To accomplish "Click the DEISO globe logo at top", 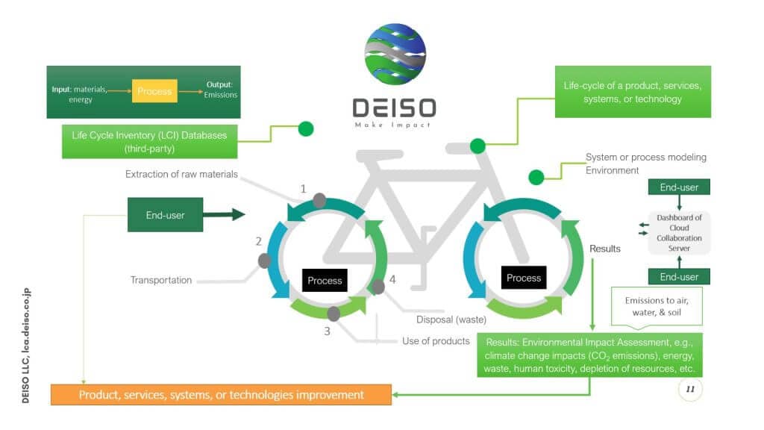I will click(395, 54).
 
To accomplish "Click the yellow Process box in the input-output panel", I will click(155, 91).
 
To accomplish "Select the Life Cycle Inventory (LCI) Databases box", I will click(149, 141).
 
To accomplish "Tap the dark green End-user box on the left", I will click(166, 215).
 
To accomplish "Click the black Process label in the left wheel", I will click(325, 281).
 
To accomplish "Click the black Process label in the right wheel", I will click(524, 278).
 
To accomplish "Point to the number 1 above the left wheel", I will click(304, 189).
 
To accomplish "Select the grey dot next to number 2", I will click(265, 261).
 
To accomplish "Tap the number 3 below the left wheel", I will click(327, 331).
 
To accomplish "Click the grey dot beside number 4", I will click(378, 286).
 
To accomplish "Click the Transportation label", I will click(161, 281).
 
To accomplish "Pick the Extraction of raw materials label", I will click(181, 174).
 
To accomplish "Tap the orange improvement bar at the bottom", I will click(221, 394).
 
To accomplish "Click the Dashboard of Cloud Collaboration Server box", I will click(679, 232).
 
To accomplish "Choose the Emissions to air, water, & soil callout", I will click(657, 306).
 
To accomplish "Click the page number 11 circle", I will click(690, 390).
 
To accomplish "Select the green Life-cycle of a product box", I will click(633, 92).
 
